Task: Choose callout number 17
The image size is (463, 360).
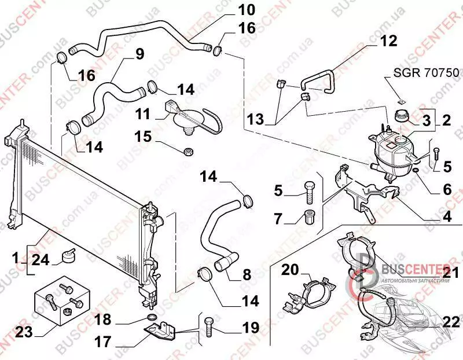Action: click(102, 342)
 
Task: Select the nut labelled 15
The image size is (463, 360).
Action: click(188, 152)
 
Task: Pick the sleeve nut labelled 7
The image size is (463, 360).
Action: click(308, 218)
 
